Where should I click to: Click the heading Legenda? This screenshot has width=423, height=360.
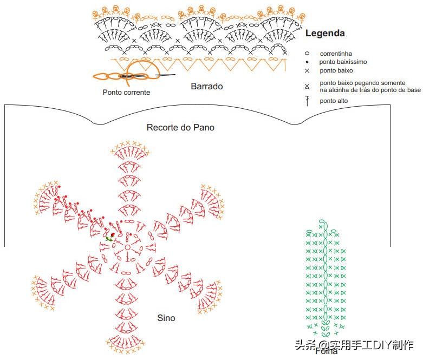(325, 33)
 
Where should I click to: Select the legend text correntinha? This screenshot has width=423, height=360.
(336, 54)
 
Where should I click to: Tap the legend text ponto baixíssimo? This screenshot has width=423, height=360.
(343, 62)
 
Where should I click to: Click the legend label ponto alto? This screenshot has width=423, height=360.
(334, 101)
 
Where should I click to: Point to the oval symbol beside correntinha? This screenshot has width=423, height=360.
(307, 54)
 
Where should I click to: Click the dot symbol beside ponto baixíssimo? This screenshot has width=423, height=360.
(307, 62)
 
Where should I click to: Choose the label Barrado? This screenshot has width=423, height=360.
(206, 86)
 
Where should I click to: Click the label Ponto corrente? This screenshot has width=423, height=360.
(126, 92)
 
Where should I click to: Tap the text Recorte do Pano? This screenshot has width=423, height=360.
(180, 128)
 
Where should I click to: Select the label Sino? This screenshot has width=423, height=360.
(166, 318)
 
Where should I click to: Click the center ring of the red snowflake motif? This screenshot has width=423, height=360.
(127, 247)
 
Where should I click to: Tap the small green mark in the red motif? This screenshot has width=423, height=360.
(109, 238)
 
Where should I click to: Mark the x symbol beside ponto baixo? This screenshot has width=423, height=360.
(307, 71)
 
